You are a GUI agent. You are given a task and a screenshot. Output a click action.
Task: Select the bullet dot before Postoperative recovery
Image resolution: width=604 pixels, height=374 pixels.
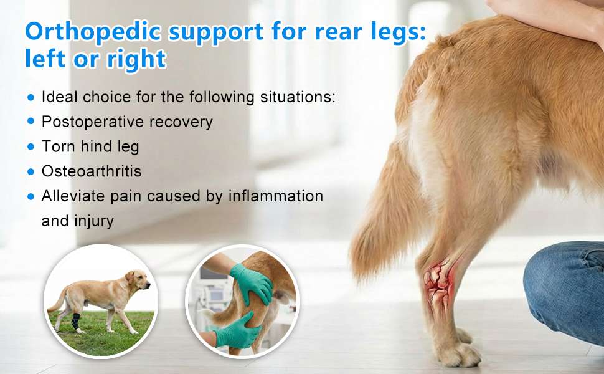pyautogui.click(x=31, y=122)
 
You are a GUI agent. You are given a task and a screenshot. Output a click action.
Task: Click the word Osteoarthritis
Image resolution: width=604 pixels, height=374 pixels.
pyautogui.click(x=92, y=171)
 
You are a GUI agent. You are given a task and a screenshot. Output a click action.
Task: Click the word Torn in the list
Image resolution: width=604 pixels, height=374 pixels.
pyautogui.click(x=58, y=146)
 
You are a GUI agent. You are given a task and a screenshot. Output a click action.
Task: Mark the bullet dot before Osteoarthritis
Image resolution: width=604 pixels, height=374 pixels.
pyautogui.click(x=31, y=171)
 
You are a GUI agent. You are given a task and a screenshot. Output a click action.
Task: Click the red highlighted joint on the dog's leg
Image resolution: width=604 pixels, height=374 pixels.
pyautogui.click(x=439, y=280)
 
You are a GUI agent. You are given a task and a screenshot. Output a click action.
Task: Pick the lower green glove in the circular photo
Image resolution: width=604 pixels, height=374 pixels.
pyautogui.click(x=237, y=330)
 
